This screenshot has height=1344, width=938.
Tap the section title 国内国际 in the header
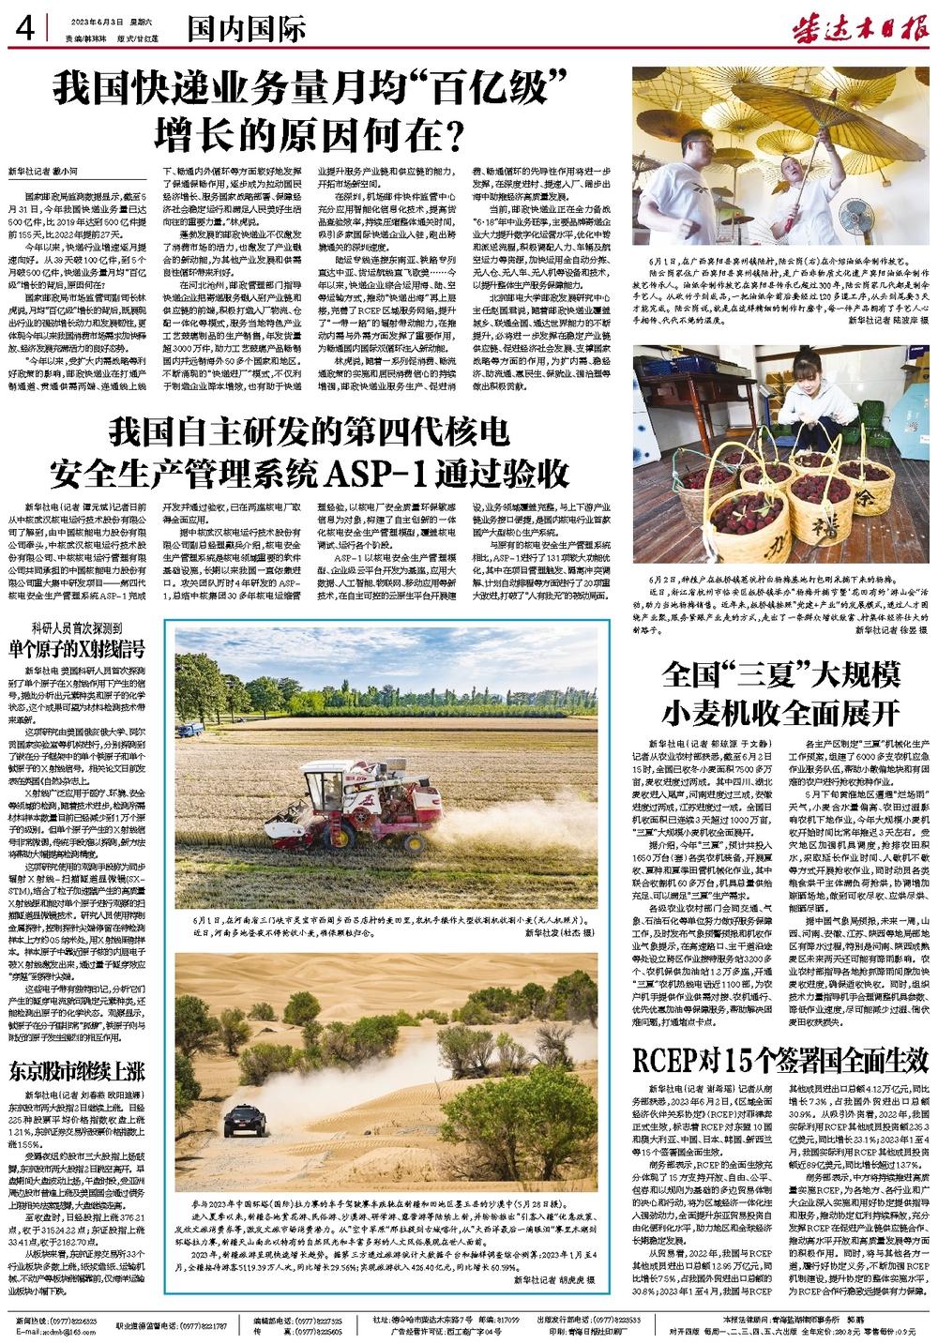245,30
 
